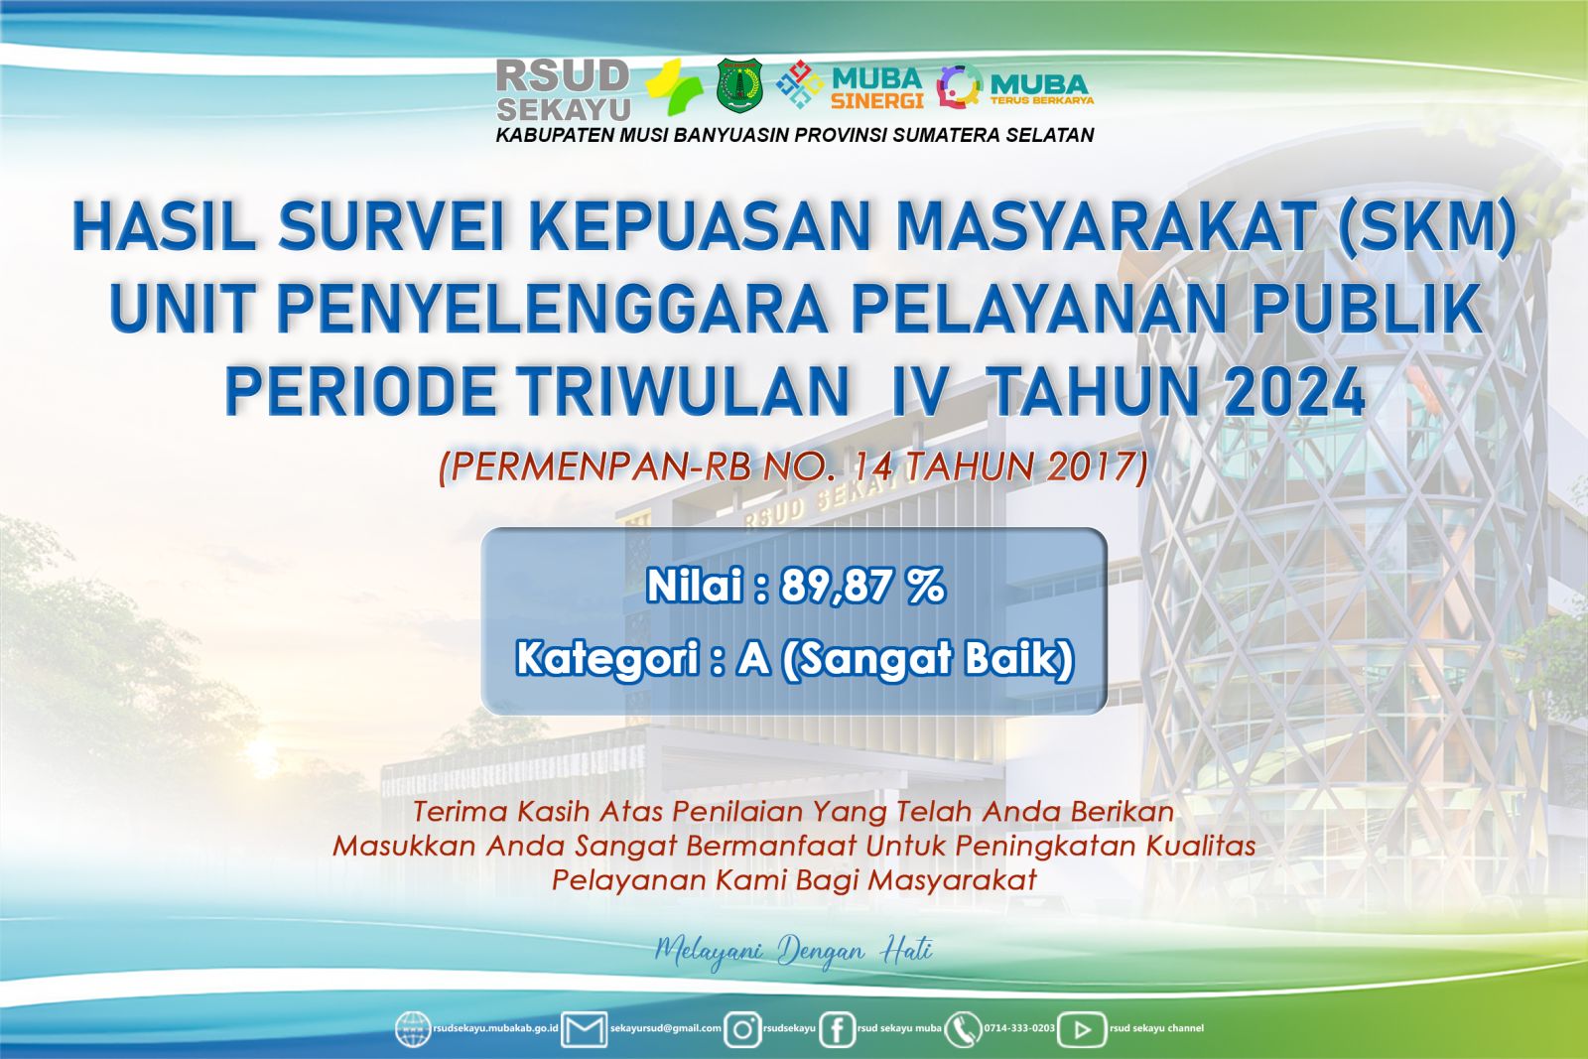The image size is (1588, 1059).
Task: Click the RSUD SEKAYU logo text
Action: pos(564,90)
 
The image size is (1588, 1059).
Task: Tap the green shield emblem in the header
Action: pos(739,85)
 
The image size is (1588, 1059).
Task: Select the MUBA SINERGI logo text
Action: pos(877,88)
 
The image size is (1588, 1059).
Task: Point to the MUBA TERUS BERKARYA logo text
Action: pos(1041,89)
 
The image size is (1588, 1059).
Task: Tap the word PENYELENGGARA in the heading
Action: pos(552,310)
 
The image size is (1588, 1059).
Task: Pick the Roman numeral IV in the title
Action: pos(919,391)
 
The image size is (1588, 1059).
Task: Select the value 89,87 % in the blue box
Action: pos(862,587)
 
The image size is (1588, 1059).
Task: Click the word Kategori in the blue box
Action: pos(607,658)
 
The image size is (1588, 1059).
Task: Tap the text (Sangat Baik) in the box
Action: pos(927,659)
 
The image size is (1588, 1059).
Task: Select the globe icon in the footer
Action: pos(413,1029)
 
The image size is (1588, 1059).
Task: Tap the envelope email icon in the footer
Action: pos(584,1029)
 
